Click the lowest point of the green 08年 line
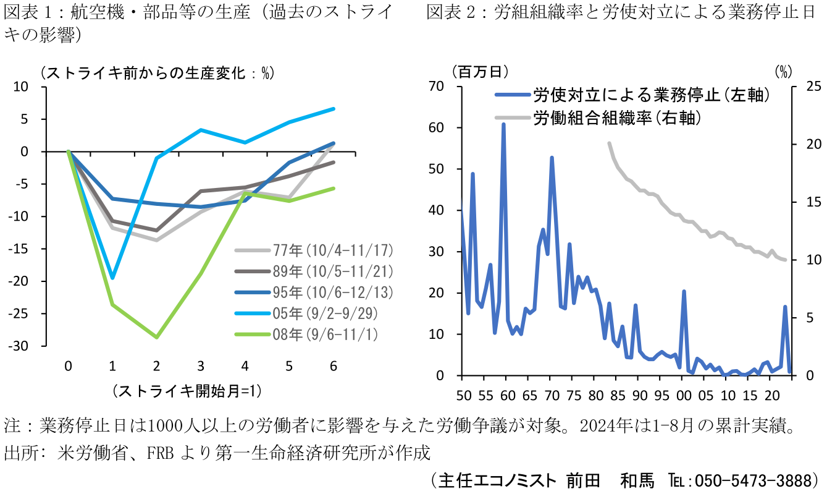[x=157, y=337]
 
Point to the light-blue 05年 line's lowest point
[x=112, y=278]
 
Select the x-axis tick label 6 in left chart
[x=334, y=366]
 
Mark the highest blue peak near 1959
[x=503, y=124]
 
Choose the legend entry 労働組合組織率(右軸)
[x=618, y=117]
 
